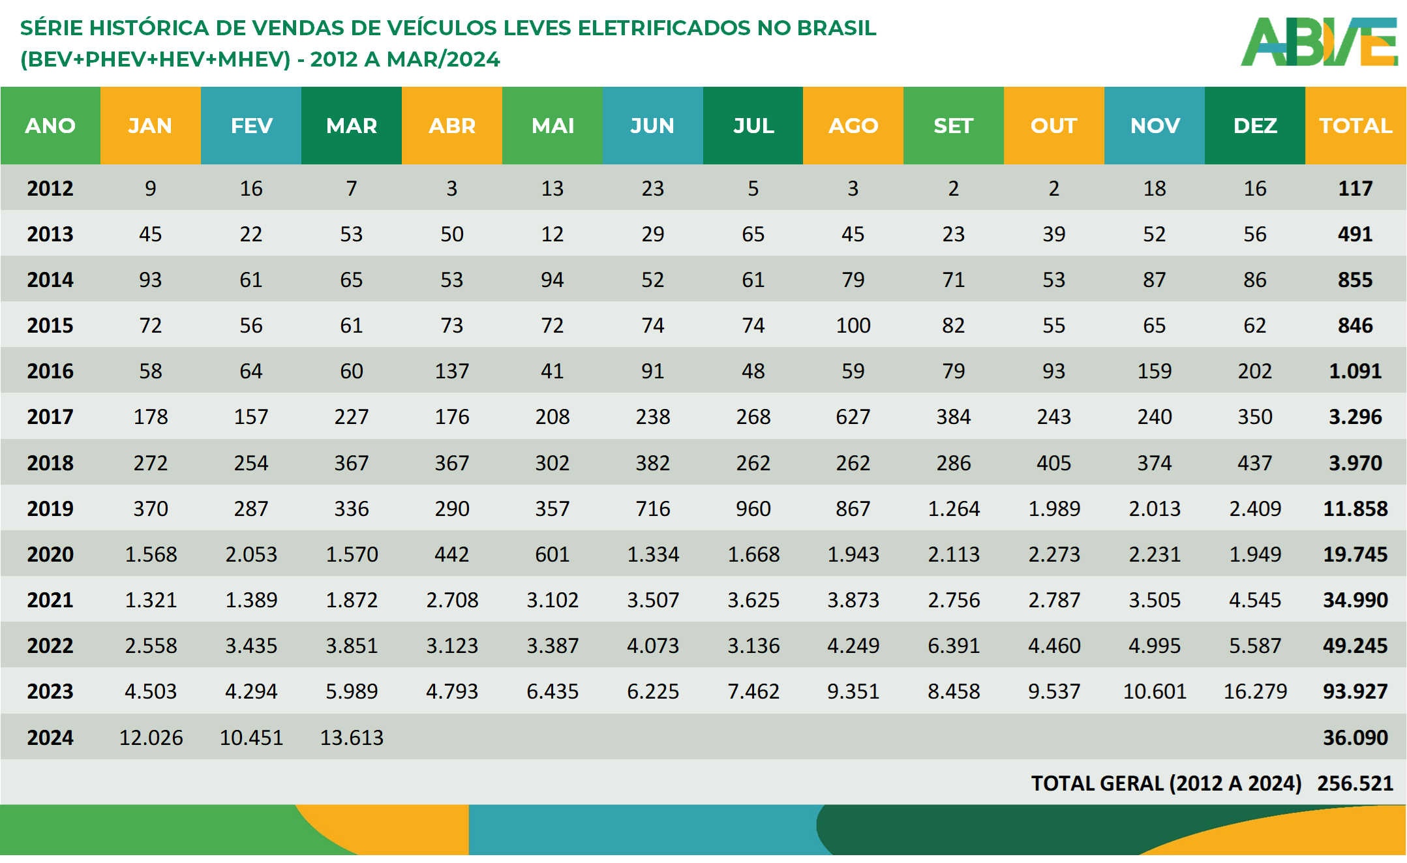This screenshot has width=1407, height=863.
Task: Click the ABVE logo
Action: [x=1319, y=42]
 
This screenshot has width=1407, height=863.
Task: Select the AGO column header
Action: [x=853, y=125]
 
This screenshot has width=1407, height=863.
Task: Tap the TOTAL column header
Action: [x=1355, y=125]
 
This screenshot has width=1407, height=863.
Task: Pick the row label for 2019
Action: [x=50, y=509]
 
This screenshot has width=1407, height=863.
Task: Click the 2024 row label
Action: [x=50, y=738]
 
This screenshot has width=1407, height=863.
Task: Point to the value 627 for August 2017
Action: [x=853, y=417]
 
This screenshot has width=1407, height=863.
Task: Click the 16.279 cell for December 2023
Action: [x=1255, y=691]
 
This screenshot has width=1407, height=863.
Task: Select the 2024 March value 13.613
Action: [x=352, y=738]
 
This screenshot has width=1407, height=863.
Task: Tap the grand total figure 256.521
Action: [x=1355, y=783]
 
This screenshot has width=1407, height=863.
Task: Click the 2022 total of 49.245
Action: [x=1355, y=646]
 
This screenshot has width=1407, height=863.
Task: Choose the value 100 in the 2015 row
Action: [x=853, y=326]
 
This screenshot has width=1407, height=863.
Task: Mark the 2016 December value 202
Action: [x=1255, y=371]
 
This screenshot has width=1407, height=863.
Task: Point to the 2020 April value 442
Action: [x=452, y=554]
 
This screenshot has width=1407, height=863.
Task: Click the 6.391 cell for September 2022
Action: [x=954, y=646]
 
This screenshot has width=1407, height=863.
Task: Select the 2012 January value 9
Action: [x=151, y=189]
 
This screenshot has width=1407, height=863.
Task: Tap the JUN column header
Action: [x=652, y=125]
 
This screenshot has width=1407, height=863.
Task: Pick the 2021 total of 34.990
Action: [x=1355, y=600]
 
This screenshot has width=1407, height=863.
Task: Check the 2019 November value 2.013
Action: [x=1155, y=509]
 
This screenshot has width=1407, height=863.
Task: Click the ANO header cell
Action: [x=50, y=125]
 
